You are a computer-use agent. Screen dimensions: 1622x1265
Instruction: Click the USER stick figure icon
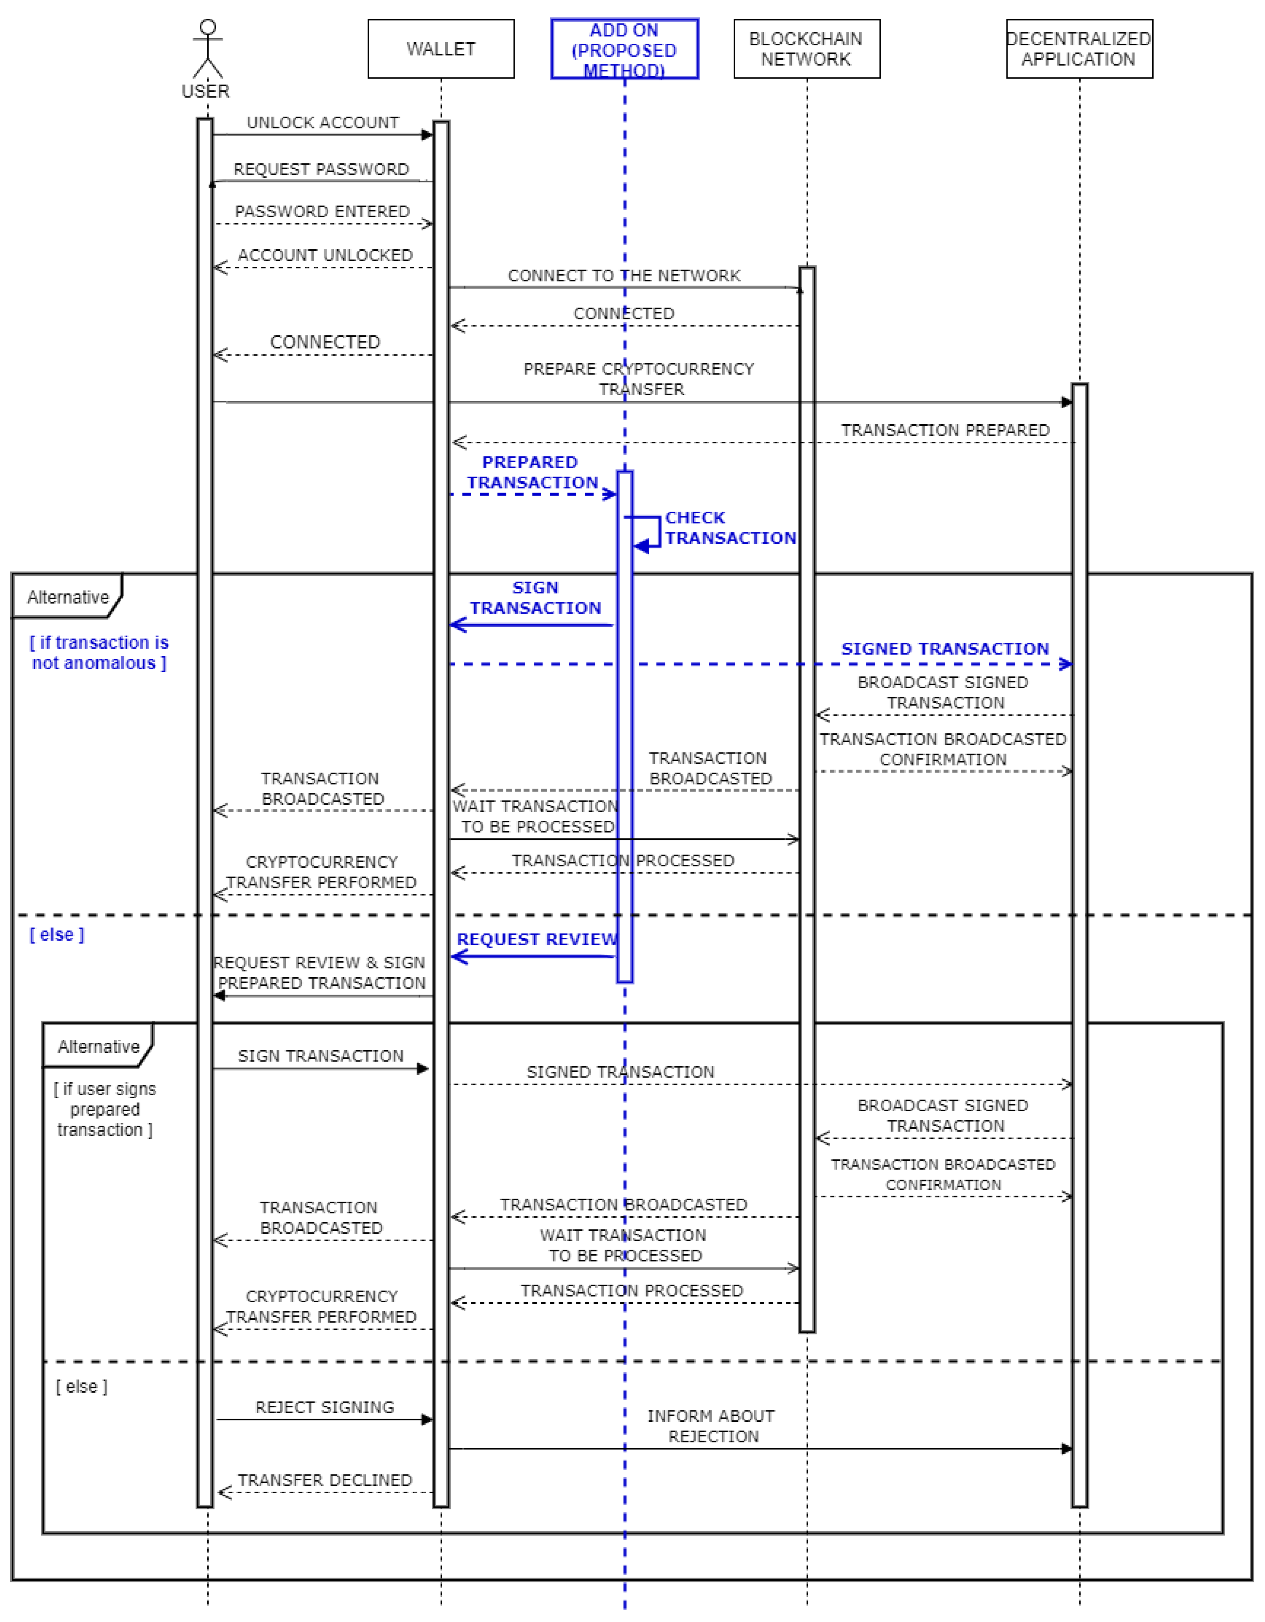pyautogui.click(x=207, y=49)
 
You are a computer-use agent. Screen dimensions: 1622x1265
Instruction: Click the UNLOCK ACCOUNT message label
pyautogui.click(x=322, y=123)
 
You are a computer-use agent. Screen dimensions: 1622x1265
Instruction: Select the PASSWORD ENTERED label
pyautogui.click(x=322, y=212)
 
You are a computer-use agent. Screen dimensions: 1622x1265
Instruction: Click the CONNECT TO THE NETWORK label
pyautogui.click(x=624, y=276)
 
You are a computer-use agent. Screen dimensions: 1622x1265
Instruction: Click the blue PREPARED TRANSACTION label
pyautogui.click(x=532, y=472)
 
